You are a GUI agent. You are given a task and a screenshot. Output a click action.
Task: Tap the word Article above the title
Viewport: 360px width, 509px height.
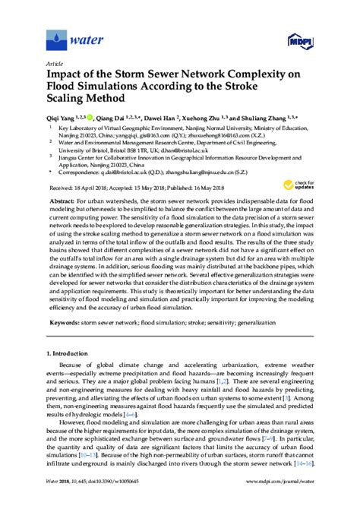click(x=55, y=64)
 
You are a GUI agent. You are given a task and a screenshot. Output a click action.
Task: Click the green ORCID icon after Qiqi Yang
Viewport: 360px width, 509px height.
click(x=92, y=119)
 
